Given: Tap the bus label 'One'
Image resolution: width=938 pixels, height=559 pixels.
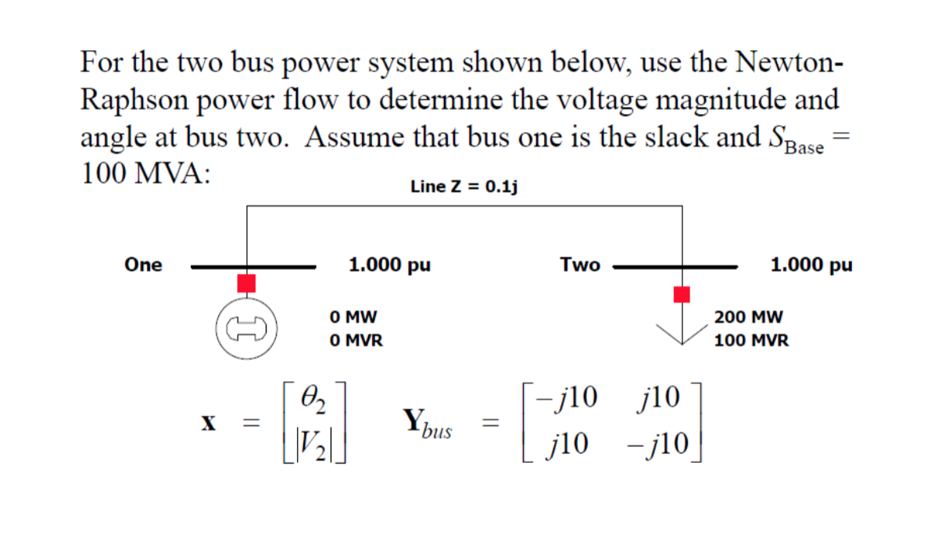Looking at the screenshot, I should tap(143, 265).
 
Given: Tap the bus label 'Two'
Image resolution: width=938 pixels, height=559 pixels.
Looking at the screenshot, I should tap(580, 265).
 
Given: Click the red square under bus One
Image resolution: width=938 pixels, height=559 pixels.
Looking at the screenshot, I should tap(247, 283).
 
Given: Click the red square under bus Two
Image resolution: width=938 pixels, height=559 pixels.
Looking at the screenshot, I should tap(682, 294).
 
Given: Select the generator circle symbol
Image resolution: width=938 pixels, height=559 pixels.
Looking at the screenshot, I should tap(247, 327).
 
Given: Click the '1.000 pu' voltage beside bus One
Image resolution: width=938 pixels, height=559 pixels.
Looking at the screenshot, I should tap(389, 265).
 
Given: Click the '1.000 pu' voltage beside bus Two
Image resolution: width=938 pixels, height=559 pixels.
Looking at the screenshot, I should tap(811, 265).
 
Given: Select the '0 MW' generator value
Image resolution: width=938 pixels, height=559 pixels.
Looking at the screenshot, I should tap(353, 318).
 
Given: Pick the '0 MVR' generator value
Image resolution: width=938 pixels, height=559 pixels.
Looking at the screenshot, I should tap(356, 340).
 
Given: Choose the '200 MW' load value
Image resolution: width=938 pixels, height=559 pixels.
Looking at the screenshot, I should tap(748, 318).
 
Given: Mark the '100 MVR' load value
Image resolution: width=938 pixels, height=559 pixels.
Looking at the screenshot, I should tap(750, 340).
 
